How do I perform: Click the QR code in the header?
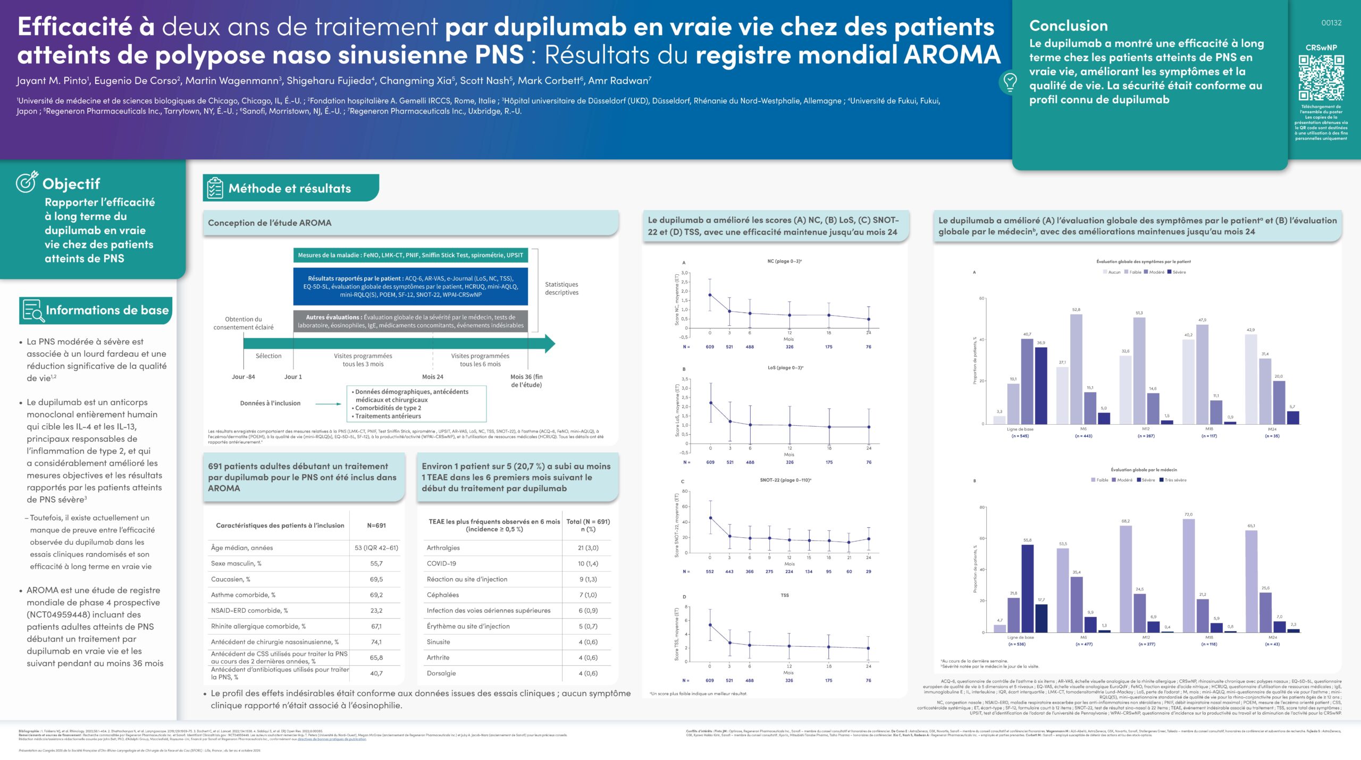(x=1321, y=78)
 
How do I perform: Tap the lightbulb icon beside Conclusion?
(x=1009, y=82)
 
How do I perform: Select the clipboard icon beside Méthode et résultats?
(x=215, y=188)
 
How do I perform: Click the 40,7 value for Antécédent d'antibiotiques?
(x=376, y=673)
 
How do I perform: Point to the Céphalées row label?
(x=442, y=595)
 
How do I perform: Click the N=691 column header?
(x=376, y=525)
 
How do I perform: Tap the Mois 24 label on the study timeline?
(x=432, y=377)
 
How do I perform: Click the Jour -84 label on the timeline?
(x=243, y=377)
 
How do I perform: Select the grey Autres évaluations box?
(x=410, y=321)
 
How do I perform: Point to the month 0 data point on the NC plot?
(x=710, y=295)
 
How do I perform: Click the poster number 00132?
(x=1331, y=23)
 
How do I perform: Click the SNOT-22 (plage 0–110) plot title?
(x=785, y=480)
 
